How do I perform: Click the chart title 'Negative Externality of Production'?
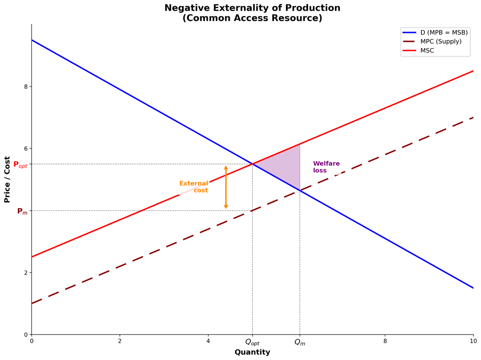click(x=252, y=8)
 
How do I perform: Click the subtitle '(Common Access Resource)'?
click(x=252, y=18)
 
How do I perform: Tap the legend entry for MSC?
click(x=427, y=51)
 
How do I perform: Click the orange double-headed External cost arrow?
click(x=226, y=187)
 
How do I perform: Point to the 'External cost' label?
click(x=194, y=187)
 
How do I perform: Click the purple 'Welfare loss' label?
click(x=326, y=167)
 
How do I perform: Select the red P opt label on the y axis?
click(x=20, y=164)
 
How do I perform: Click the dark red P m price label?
click(x=22, y=211)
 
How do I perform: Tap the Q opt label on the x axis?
click(x=252, y=343)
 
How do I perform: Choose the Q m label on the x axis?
click(x=300, y=343)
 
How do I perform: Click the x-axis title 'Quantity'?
click(x=252, y=352)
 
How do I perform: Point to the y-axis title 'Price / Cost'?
click(x=7, y=179)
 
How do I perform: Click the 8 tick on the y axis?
click(x=26, y=86)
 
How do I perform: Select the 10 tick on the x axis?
click(x=473, y=341)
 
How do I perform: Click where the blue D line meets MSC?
click(x=253, y=164)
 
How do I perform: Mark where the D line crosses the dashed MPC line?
click(x=300, y=191)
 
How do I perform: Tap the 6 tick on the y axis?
click(x=26, y=148)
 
